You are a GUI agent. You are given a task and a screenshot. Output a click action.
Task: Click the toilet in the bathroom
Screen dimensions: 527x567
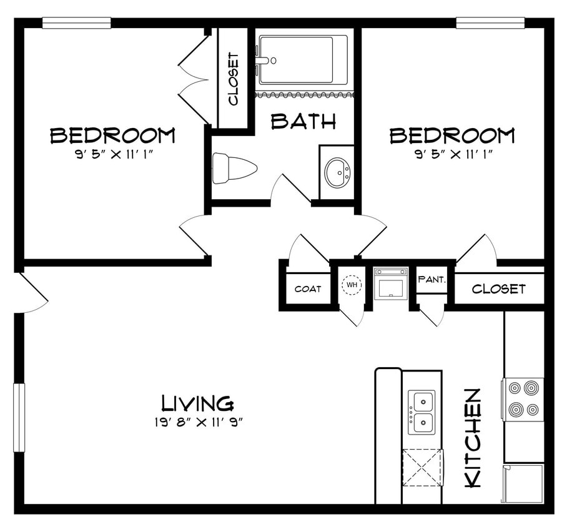(234, 168)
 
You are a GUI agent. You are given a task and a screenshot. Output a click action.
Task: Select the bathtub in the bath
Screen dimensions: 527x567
(303, 59)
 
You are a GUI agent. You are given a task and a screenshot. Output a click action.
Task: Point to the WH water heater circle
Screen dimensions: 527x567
(352, 285)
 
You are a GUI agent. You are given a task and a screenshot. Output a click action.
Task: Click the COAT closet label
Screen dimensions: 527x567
(308, 288)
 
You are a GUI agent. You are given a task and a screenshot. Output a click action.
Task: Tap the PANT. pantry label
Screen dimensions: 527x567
(431, 280)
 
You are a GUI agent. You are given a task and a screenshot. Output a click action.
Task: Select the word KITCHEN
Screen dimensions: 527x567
(473, 438)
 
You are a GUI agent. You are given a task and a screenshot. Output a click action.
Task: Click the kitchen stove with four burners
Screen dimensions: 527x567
(523, 399)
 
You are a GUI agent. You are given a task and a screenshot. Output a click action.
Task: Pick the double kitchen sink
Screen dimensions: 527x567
(422, 412)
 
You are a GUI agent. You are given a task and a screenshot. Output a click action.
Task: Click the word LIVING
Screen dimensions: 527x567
(197, 402)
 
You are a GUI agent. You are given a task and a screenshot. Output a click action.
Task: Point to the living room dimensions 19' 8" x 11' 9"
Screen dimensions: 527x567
(197, 421)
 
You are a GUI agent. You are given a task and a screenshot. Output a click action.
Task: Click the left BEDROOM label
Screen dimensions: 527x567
(112, 135)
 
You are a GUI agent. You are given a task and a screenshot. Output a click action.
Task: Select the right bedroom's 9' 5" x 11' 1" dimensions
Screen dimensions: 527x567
(452, 154)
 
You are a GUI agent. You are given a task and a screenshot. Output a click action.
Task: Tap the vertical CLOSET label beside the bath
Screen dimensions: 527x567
(234, 79)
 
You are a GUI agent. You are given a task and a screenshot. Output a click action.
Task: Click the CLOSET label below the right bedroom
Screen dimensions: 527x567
(498, 289)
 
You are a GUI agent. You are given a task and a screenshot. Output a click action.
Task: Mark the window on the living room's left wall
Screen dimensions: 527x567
(19, 417)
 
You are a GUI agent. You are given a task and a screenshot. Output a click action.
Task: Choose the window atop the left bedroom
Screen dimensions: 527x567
(76, 23)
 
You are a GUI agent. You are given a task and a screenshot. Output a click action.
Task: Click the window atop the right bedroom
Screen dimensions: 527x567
(490, 23)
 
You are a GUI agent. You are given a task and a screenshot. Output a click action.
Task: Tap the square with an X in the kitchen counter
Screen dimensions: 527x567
(422, 467)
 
